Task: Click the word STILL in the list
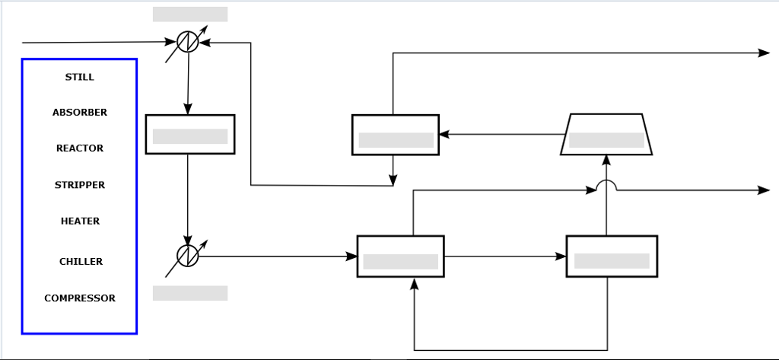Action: click(x=80, y=77)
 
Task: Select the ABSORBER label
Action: click(x=80, y=113)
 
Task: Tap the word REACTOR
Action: click(x=80, y=148)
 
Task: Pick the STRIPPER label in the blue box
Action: click(x=80, y=185)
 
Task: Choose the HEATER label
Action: click(x=80, y=221)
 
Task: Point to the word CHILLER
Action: click(x=81, y=262)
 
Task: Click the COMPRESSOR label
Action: click(x=80, y=298)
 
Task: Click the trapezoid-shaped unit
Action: click(x=606, y=135)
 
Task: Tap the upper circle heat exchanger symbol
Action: click(x=187, y=43)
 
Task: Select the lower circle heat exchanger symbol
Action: click(x=187, y=256)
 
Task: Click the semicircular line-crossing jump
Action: click(x=606, y=185)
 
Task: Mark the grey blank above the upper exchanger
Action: click(x=190, y=14)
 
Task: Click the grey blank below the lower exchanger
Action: click(x=190, y=293)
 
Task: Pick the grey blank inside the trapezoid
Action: click(x=606, y=140)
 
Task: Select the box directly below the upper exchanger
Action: click(x=190, y=134)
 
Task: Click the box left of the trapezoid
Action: click(x=396, y=135)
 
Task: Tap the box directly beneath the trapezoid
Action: click(x=612, y=256)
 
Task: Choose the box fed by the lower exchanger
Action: click(x=401, y=256)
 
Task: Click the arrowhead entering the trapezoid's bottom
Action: click(x=606, y=160)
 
